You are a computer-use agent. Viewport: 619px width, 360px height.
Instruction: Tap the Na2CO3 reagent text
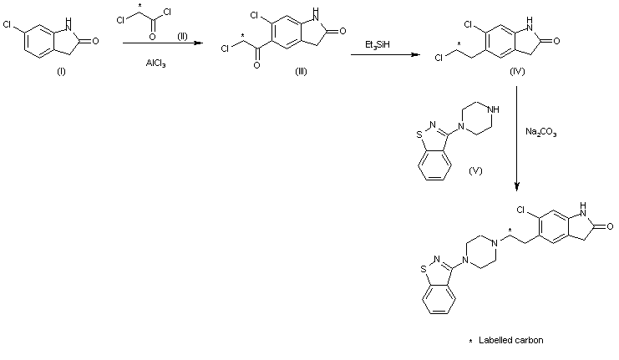point(541,131)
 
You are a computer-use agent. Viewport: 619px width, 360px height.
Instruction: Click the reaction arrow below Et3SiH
point(384,55)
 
